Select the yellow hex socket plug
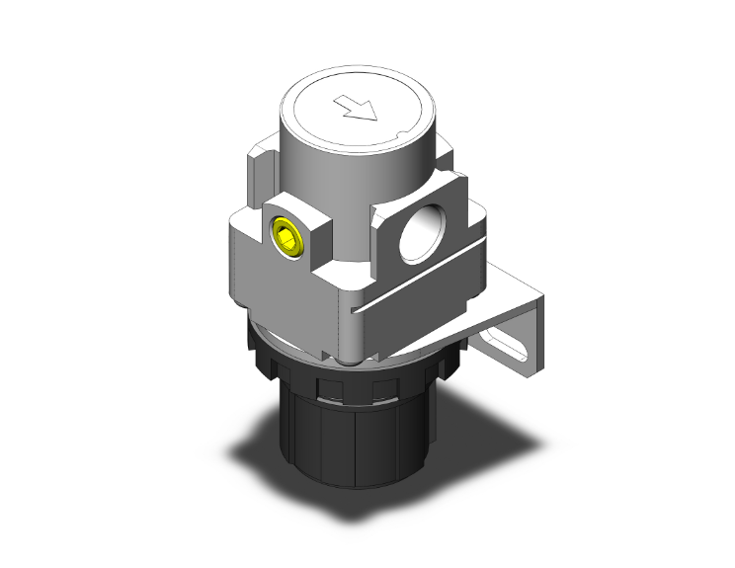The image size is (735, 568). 286,238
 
